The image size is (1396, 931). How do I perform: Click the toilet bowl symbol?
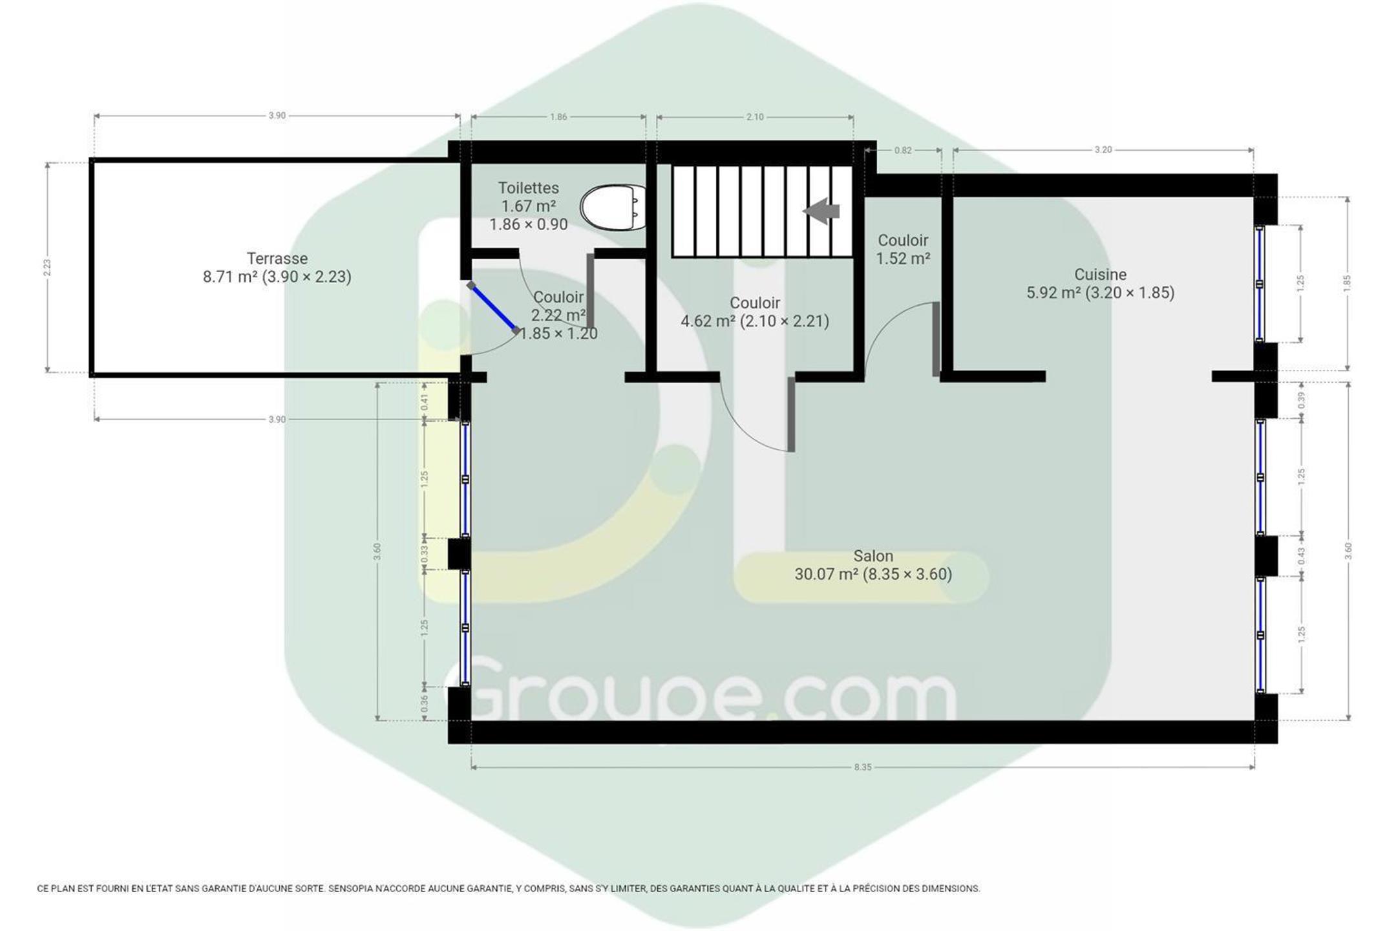pos(613,208)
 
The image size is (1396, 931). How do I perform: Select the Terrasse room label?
pos(277,259)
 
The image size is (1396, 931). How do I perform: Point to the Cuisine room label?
pos(1100,274)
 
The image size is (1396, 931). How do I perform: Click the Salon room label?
pos(873,556)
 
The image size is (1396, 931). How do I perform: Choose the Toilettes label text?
pos(528,188)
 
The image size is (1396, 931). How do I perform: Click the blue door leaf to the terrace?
pos(494,308)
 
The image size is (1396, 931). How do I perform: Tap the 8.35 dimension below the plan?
pos(863,767)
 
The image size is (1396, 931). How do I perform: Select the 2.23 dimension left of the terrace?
pos(47,268)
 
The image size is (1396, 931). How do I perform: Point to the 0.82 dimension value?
pos(903,151)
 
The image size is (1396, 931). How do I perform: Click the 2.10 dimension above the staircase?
pos(755,117)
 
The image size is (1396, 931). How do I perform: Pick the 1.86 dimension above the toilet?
pos(558,117)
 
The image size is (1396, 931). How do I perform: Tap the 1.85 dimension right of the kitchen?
pos(1348,283)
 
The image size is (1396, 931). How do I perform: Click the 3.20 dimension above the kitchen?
pos(1103,150)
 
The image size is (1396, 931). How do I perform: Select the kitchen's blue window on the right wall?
pos(1260,283)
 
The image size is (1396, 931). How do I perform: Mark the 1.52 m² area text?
pos(903,259)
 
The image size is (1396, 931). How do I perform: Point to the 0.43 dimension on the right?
pos(1302,556)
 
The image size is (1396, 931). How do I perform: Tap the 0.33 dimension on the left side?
pos(424,553)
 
